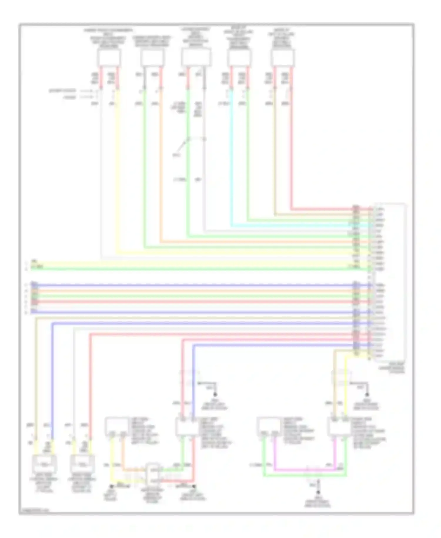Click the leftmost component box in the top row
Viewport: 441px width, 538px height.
[x=109, y=58]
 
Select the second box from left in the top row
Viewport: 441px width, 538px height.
[x=152, y=58]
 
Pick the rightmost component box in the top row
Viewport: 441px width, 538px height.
[x=283, y=58]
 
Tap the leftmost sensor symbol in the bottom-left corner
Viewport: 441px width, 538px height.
[x=44, y=464]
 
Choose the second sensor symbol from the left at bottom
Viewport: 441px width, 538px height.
[x=82, y=464]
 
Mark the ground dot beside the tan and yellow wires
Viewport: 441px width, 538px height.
[x=367, y=395]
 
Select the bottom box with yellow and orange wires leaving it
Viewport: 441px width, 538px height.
[x=117, y=426]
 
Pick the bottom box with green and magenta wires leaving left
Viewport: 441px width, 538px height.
[x=268, y=426]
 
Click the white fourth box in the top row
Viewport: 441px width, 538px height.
[x=239, y=58]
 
